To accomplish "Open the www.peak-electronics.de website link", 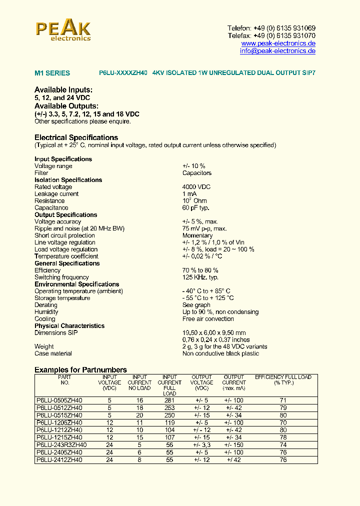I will coord(278,43).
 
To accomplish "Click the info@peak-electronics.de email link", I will coord(277,51).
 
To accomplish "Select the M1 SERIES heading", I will coord(52,73).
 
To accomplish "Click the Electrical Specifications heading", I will coord(76,137).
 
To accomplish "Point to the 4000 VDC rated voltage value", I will coord(196,187).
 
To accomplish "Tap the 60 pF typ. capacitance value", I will coord(195,208).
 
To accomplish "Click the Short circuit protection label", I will coord(64,235).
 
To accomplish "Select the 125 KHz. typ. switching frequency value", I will coord(200,277).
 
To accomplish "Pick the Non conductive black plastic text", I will coord(220,353).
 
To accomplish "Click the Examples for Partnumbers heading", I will coord(80,370).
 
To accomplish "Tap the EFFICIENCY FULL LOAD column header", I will coord(283,377).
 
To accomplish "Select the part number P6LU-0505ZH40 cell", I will coord(59,400).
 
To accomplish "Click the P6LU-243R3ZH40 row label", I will coord(61,445).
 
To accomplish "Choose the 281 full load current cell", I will coord(169,400).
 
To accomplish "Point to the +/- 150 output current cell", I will coord(233,445).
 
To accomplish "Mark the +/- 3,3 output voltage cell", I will coord(201,445).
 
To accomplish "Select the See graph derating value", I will coord(196,305).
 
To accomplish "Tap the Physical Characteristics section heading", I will coord(69,326).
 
